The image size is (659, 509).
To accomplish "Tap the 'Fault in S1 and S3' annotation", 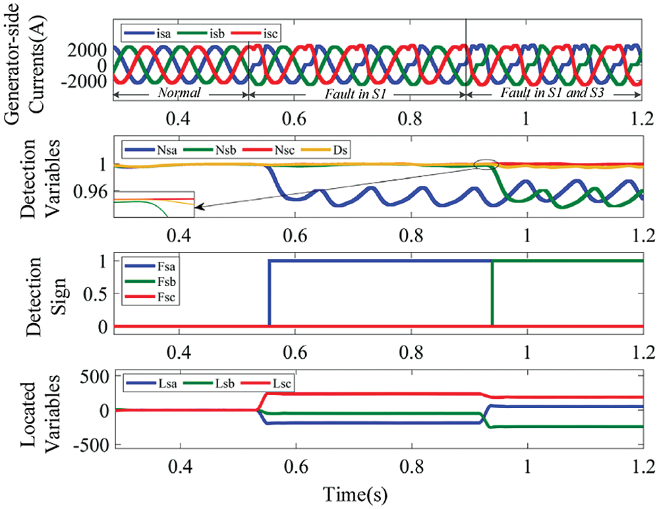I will [x=553, y=94].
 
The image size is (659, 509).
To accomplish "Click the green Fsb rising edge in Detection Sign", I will [x=492, y=293].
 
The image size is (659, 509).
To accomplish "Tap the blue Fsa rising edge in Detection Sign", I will [x=269, y=293].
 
